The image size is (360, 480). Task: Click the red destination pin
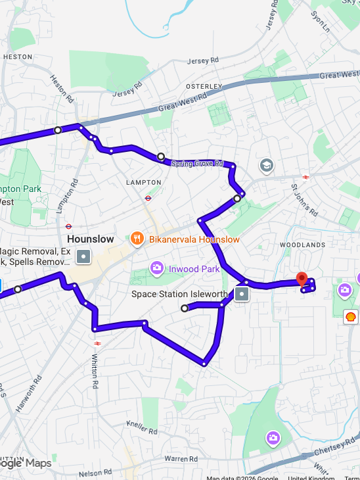(x=302, y=279)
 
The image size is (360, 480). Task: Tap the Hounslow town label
(x=90, y=239)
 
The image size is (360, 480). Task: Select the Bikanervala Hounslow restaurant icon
(x=137, y=239)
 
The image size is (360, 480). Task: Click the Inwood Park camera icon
(x=156, y=268)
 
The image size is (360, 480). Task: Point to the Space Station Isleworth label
(x=179, y=294)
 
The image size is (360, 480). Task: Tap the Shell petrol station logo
(x=351, y=317)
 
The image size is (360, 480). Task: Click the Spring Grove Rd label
(x=197, y=163)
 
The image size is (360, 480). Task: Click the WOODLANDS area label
(x=302, y=245)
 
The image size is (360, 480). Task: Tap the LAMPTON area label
(x=143, y=182)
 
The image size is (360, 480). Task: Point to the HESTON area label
(x=18, y=57)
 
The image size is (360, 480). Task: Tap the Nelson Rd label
(x=91, y=473)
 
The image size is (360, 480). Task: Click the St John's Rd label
(x=304, y=200)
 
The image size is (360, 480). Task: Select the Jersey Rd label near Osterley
(x=202, y=61)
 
